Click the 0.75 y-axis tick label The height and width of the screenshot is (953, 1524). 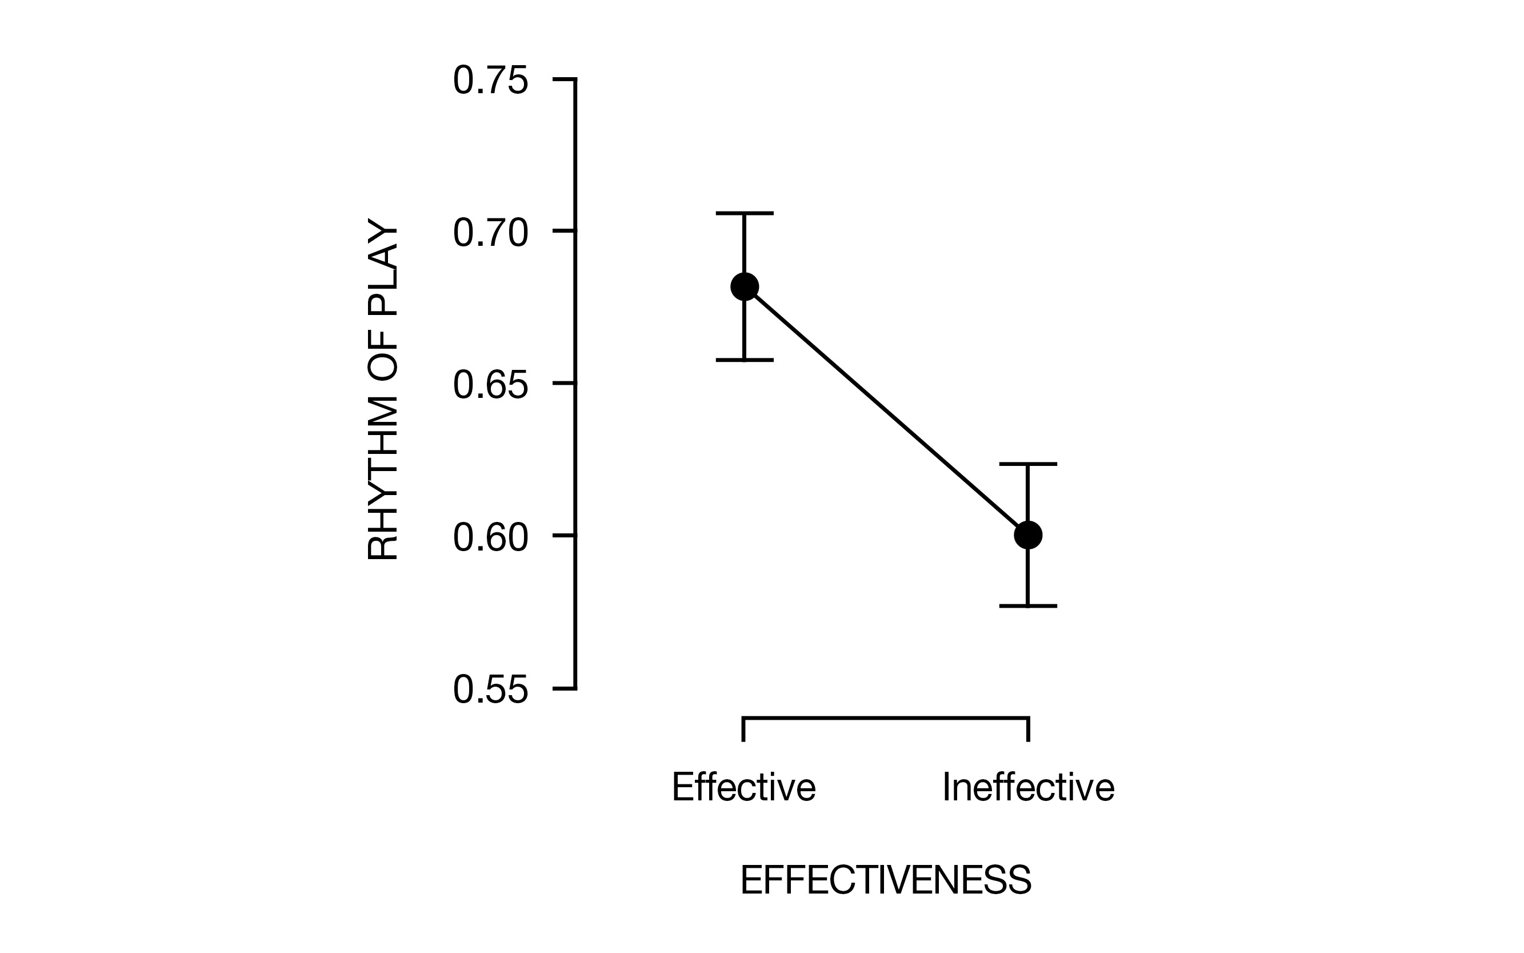(490, 81)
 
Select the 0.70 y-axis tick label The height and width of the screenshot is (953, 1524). (490, 233)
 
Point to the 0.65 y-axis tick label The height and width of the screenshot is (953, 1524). (490, 385)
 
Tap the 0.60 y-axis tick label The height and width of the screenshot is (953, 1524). (490, 537)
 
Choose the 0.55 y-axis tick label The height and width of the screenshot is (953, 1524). (490, 689)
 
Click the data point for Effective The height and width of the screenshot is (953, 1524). (744, 287)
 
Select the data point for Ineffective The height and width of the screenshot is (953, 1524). (1028, 535)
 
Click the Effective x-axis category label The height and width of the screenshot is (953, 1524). (743, 787)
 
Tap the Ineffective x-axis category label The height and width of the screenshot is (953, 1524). (1028, 787)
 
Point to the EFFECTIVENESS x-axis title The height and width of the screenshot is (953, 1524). (886, 880)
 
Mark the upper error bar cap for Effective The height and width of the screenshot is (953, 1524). (744, 213)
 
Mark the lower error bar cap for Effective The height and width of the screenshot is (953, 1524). (744, 360)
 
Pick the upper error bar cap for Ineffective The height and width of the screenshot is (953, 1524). (1028, 464)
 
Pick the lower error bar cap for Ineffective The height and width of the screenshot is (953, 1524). (1028, 606)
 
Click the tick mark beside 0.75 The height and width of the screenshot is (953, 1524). (564, 79)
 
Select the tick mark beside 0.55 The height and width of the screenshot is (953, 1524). (564, 688)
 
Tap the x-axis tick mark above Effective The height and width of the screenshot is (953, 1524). (744, 729)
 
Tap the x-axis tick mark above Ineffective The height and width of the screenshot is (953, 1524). (1028, 729)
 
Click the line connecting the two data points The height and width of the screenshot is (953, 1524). (886, 411)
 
